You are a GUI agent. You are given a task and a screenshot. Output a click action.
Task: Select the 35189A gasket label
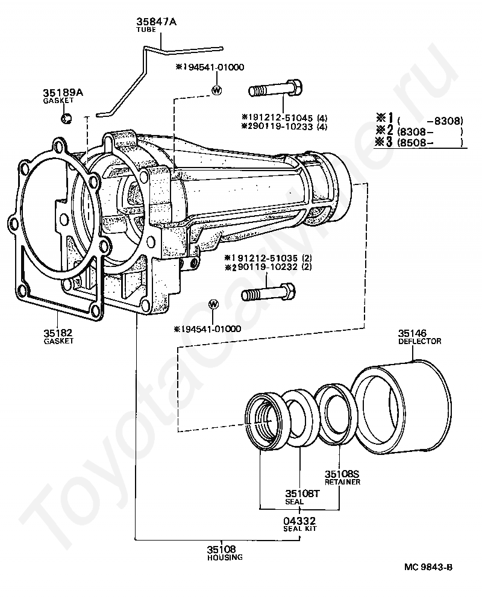[62, 93]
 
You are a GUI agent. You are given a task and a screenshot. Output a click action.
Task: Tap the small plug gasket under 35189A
[67, 117]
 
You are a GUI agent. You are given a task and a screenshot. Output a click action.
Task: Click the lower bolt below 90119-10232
[268, 295]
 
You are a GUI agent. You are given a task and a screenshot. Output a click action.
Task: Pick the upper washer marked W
[216, 90]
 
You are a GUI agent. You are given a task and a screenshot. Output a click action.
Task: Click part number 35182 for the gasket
[58, 333]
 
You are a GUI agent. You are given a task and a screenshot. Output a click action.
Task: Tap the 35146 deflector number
[412, 333]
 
